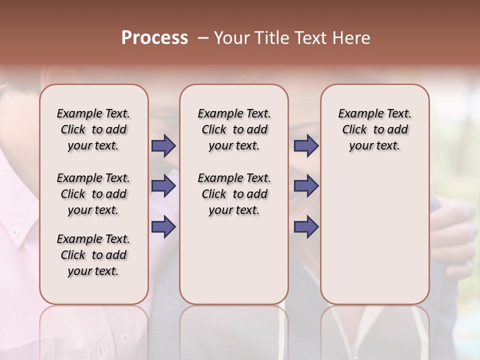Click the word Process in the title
154,38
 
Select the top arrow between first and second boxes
163,146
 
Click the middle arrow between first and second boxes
163,186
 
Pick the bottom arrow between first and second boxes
163,226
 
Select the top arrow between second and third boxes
306,146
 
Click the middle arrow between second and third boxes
306,186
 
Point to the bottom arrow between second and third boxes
306,226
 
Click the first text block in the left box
93,129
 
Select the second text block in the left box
93,194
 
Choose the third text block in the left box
93,255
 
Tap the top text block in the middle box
234,129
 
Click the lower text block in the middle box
234,194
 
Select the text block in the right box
374,129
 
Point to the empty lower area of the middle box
234,260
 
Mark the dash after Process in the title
202,38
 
